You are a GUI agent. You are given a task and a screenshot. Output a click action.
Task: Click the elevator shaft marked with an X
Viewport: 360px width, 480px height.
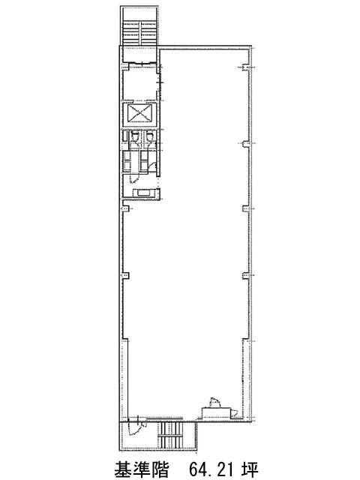(x=139, y=114)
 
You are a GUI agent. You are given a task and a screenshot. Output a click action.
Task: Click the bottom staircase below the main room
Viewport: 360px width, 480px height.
(x=170, y=434)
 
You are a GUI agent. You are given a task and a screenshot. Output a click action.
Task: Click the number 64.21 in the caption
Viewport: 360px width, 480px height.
(x=211, y=469)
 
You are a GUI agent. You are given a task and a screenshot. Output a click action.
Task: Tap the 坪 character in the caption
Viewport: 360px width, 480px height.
(x=250, y=469)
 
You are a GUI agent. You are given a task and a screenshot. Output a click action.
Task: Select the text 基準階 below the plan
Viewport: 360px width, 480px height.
(x=141, y=469)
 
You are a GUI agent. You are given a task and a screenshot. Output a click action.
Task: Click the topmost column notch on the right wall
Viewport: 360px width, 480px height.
(x=245, y=67)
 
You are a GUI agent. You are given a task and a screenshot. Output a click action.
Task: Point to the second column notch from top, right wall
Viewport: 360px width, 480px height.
(x=245, y=143)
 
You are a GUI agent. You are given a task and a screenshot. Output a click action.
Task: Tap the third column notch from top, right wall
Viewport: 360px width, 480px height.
(x=245, y=208)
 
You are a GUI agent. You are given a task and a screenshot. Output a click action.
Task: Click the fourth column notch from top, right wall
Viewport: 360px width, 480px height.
(x=245, y=275)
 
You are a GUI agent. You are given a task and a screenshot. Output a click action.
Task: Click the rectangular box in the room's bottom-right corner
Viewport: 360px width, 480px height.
(x=216, y=412)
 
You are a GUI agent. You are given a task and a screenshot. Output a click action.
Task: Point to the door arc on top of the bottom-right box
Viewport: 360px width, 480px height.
(x=215, y=402)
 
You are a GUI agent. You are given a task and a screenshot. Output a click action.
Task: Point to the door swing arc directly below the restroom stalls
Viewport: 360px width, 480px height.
(x=134, y=178)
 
